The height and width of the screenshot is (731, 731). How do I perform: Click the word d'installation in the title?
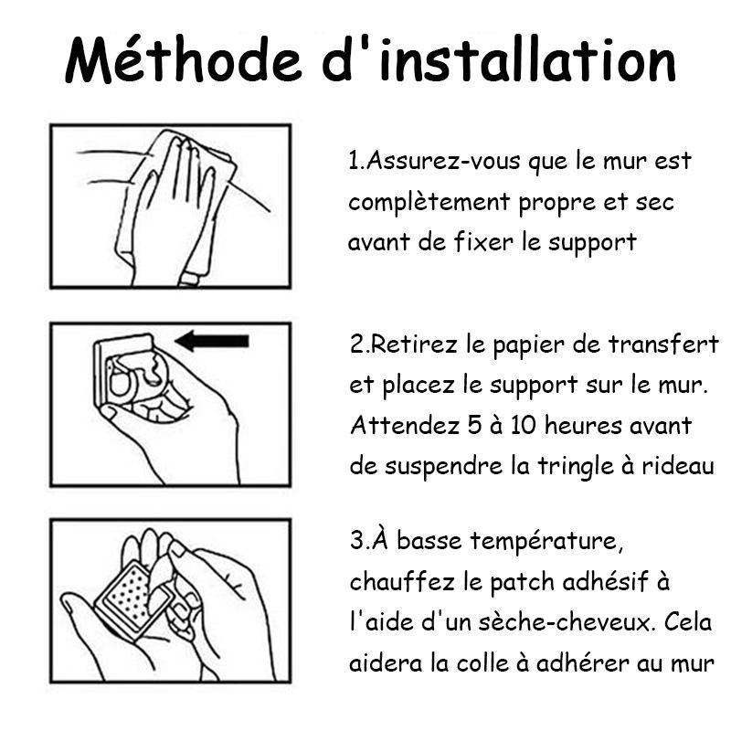click(x=499, y=59)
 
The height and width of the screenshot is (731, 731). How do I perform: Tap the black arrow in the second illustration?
click(x=212, y=341)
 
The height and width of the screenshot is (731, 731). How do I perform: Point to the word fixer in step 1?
click(x=483, y=241)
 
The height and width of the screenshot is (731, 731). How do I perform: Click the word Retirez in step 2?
click(x=415, y=344)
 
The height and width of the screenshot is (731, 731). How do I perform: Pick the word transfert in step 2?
click(x=663, y=344)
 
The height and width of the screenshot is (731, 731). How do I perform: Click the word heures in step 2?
click(x=583, y=425)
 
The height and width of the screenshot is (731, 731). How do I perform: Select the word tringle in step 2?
click(x=576, y=467)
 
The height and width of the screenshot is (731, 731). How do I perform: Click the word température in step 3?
click(x=546, y=542)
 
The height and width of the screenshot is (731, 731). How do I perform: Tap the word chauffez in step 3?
click(x=402, y=581)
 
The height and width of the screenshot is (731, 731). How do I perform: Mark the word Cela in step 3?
click(x=688, y=622)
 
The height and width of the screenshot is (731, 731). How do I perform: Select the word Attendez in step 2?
click(x=405, y=425)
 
